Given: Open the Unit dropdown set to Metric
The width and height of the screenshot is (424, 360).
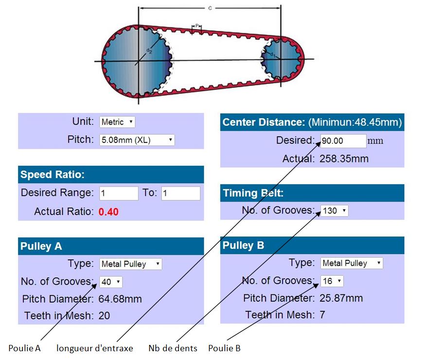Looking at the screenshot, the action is click(117, 122).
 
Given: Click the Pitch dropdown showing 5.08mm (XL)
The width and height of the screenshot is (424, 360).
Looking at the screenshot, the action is click(137, 140).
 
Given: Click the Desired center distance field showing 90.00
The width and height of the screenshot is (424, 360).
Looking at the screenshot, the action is click(343, 141).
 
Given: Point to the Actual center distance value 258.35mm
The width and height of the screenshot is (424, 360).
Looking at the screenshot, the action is click(344, 159).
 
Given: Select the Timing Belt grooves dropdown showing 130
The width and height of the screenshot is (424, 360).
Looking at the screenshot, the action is click(334, 211).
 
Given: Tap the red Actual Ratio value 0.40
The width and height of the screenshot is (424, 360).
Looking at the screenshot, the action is click(108, 212).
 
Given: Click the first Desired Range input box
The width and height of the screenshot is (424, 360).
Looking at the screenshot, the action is click(119, 194).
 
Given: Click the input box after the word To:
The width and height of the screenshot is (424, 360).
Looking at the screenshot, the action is click(181, 194).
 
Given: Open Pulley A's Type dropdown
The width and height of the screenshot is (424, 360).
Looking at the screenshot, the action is click(131, 264).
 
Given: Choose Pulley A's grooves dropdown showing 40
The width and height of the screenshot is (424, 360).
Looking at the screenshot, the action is click(111, 282).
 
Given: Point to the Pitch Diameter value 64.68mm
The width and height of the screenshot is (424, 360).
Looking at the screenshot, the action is click(120, 299).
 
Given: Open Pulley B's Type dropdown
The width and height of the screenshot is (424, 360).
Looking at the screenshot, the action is click(352, 263).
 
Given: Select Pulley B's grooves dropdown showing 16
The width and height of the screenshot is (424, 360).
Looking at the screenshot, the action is click(332, 281).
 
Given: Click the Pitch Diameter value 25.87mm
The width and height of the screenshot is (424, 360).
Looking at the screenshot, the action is click(341, 298).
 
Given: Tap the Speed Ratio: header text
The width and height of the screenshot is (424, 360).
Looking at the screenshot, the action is click(53, 175).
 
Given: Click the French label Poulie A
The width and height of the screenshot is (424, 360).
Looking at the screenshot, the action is click(25, 348).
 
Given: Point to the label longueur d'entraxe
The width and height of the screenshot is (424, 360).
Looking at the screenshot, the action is click(95, 348).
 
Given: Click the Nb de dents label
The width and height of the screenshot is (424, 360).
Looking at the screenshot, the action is click(173, 348).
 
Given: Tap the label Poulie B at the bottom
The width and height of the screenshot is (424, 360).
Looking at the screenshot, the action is click(224, 348).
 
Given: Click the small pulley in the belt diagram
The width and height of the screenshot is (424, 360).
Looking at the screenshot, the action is click(281, 59).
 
